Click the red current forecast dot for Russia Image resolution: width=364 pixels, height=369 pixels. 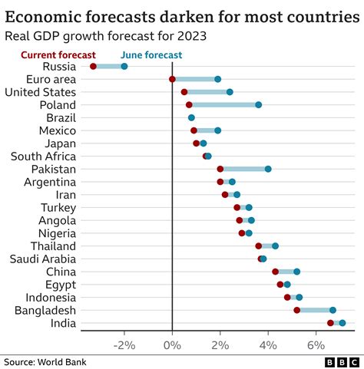point(94,67)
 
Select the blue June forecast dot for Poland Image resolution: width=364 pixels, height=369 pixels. point(258,104)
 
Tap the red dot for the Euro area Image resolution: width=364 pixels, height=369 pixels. point(172,79)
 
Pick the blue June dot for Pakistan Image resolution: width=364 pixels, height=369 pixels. point(268,169)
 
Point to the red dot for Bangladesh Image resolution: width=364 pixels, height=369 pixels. point(296,310)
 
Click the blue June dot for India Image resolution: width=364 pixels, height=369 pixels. point(342,323)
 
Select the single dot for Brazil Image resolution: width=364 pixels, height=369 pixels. point(191,117)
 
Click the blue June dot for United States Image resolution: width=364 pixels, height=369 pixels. point(230,92)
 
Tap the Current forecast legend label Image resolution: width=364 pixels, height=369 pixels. point(58,54)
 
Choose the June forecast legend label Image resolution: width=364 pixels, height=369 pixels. point(151,54)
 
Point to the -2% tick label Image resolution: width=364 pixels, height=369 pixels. point(124,345)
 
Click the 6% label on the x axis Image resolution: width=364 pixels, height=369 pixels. point(316,345)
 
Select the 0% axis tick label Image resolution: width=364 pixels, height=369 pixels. point(172,345)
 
